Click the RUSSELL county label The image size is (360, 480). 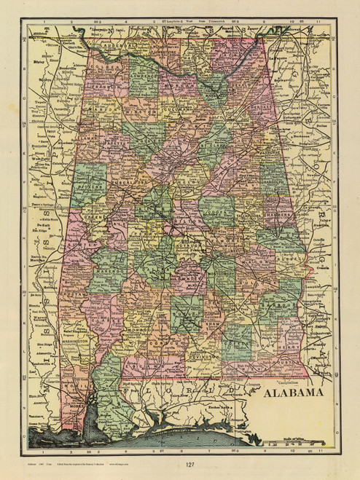[281, 256]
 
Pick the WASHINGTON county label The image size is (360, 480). [74, 339]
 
